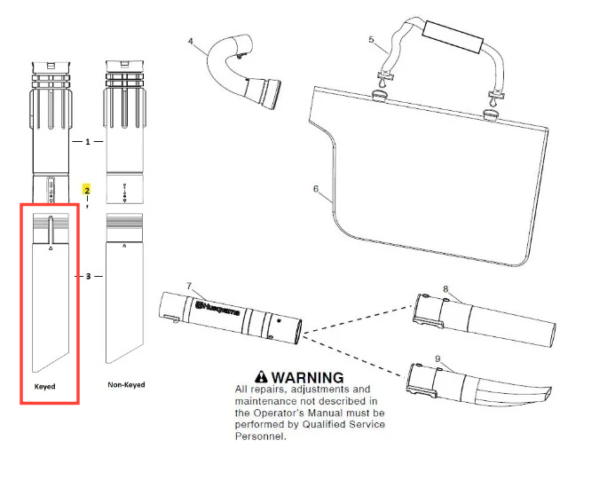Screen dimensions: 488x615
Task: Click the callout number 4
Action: [190, 41]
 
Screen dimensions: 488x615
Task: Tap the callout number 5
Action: [372, 39]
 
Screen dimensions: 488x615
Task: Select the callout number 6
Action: [315, 188]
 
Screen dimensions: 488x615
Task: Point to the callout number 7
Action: [188, 285]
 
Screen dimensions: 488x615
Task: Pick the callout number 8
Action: [445, 288]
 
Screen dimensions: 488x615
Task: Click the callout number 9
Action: [438, 358]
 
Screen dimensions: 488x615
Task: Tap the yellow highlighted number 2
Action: [87, 190]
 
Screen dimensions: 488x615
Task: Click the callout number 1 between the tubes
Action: [87, 142]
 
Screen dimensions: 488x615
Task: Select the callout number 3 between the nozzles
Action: [87, 276]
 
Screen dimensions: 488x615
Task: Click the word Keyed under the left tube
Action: [45, 387]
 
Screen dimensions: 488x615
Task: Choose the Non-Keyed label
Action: [126, 385]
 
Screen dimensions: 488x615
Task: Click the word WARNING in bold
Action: [306, 378]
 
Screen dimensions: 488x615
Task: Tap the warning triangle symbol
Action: [260, 377]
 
